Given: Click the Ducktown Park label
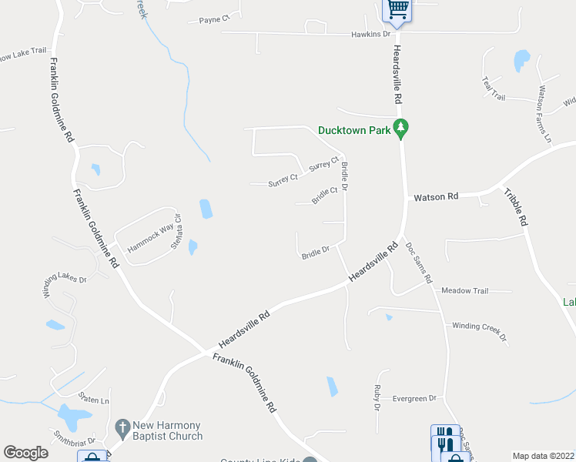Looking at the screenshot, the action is click(x=355, y=131).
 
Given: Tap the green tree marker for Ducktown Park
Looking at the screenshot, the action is click(x=400, y=127).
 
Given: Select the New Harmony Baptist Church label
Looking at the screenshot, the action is click(x=166, y=430).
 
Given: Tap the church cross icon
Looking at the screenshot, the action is click(x=122, y=427).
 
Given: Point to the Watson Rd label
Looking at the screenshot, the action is click(x=436, y=197).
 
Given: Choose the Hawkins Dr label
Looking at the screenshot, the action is click(x=371, y=35).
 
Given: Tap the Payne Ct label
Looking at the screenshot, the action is click(x=214, y=20).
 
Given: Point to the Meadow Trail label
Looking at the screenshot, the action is click(x=465, y=291).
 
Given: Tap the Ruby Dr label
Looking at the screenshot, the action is click(x=377, y=397).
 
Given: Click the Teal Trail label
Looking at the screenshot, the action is click(x=493, y=87).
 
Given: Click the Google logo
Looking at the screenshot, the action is click(x=25, y=453).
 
